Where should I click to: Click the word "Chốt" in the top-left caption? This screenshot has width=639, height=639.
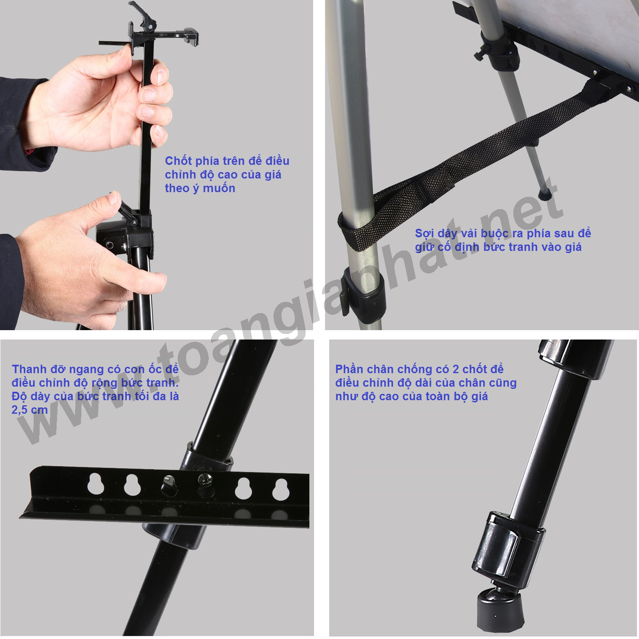[x=178, y=161]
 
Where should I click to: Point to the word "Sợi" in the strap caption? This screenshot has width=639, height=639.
[x=424, y=233]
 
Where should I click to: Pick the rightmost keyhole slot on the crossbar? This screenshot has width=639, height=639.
[x=281, y=489]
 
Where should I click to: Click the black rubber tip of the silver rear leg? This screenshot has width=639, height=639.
[x=545, y=195]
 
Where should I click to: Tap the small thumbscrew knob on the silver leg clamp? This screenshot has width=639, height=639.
[x=480, y=55]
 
